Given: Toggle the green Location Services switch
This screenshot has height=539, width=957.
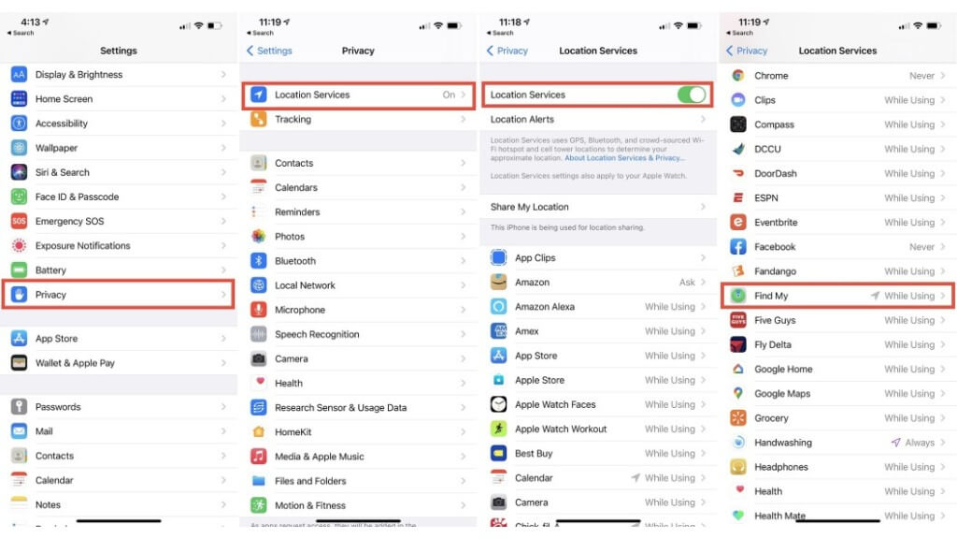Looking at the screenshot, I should tap(691, 95).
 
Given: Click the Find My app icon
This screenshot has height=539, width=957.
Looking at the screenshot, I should tap(738, 296).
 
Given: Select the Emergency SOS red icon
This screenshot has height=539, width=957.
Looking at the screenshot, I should tap(19, 222).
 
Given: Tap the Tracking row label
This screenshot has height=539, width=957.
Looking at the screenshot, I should tap(293, 120).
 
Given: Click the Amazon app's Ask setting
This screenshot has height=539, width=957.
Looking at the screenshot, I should tap(687, 283).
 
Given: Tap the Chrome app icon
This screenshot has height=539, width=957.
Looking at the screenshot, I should tap(738, 76).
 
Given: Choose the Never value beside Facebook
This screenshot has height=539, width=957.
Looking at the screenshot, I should tap(921, 247).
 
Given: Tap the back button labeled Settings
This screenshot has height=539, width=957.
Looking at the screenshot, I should tap(269, 51).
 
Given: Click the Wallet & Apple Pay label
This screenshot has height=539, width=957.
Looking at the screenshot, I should tap(75, 363).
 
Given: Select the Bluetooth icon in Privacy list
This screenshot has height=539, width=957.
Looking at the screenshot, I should tap(259, 261).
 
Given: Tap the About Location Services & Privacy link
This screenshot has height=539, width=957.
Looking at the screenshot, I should tap(624, 158).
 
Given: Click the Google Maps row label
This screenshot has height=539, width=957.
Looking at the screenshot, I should tap(782, 394).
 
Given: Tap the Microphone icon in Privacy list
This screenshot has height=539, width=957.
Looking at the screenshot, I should tap(259, 310).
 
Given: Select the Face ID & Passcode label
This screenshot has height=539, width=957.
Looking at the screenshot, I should tap(77, 197).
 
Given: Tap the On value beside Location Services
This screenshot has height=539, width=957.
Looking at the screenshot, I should tap(449, 95).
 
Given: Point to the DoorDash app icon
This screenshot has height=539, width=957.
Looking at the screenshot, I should tap(738, 173).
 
